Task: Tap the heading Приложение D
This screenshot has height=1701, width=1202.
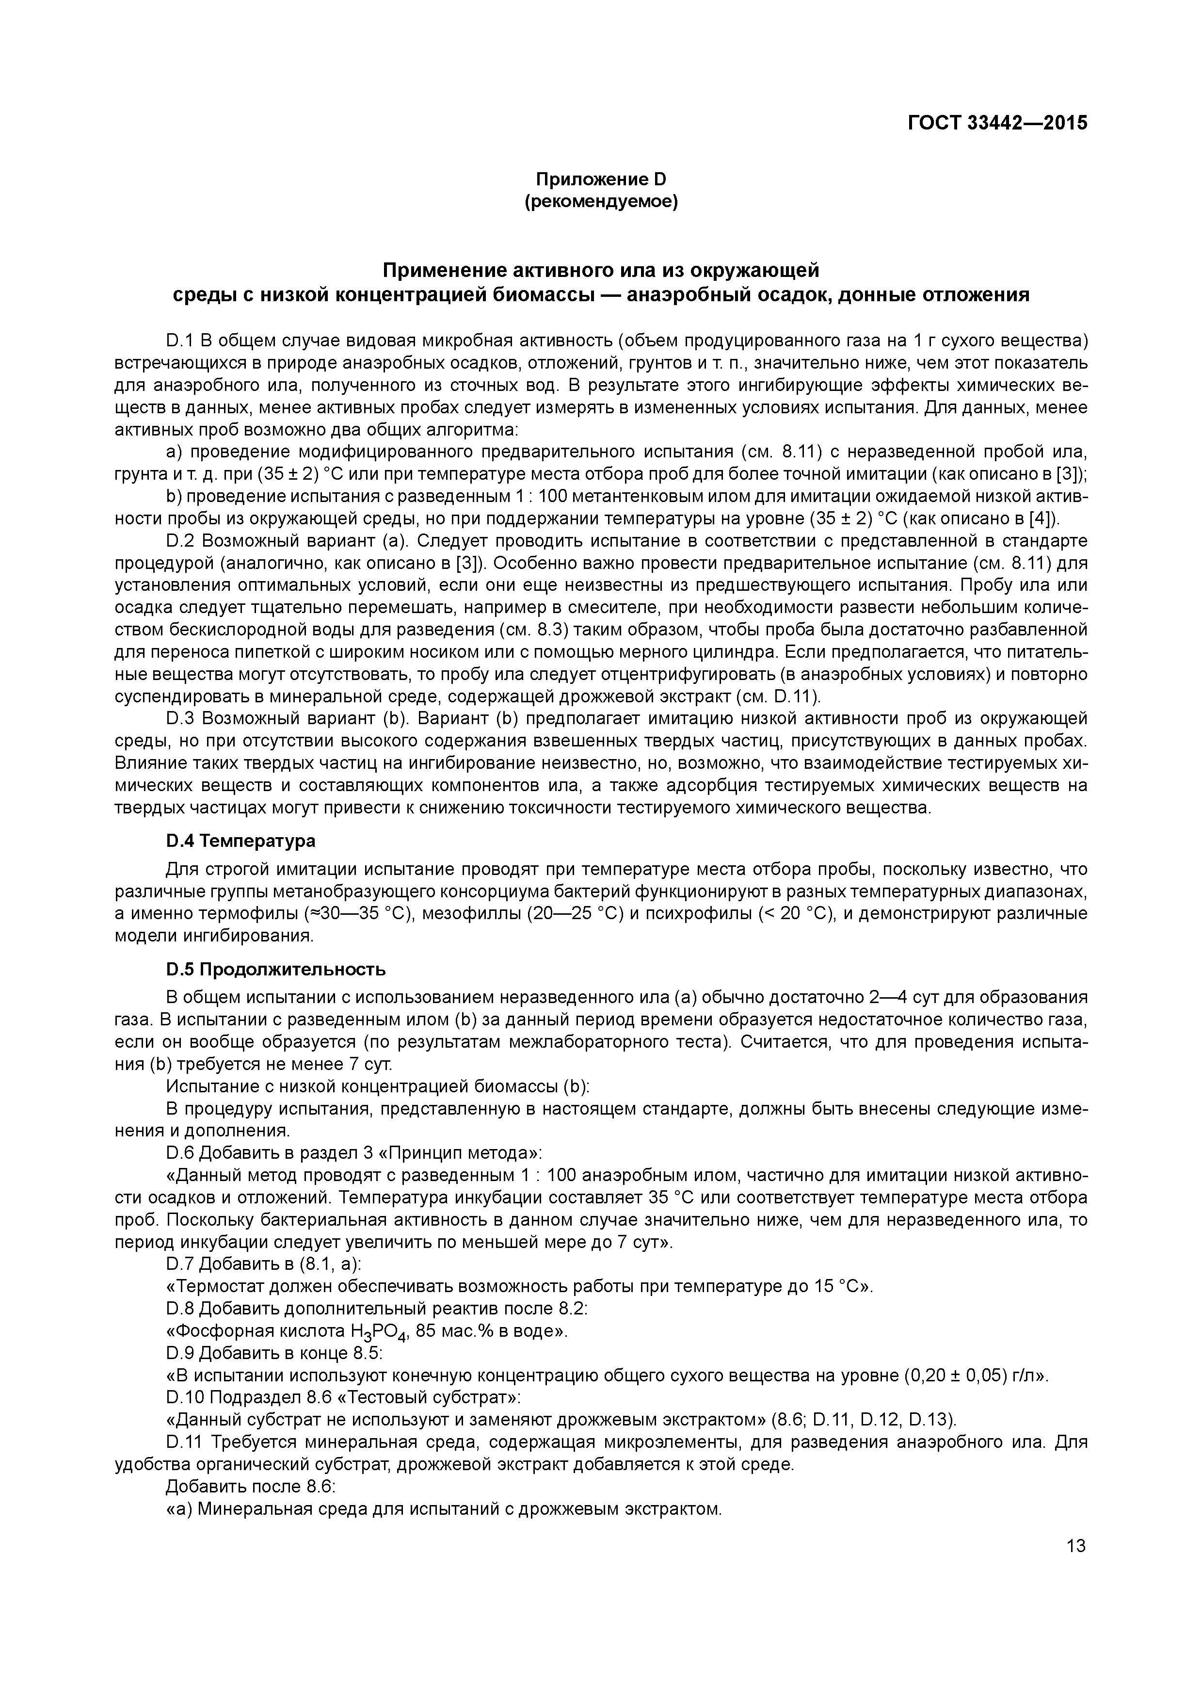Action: click(x=601, y=179)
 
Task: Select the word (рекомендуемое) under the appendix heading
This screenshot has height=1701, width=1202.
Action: click(x=601, y=201)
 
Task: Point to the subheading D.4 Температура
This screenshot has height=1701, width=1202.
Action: click(x=240, y=841)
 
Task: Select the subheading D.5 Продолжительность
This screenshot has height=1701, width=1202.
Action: click(x=275, y=970)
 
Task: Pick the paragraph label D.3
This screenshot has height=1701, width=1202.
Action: click(x=181, y=719)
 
